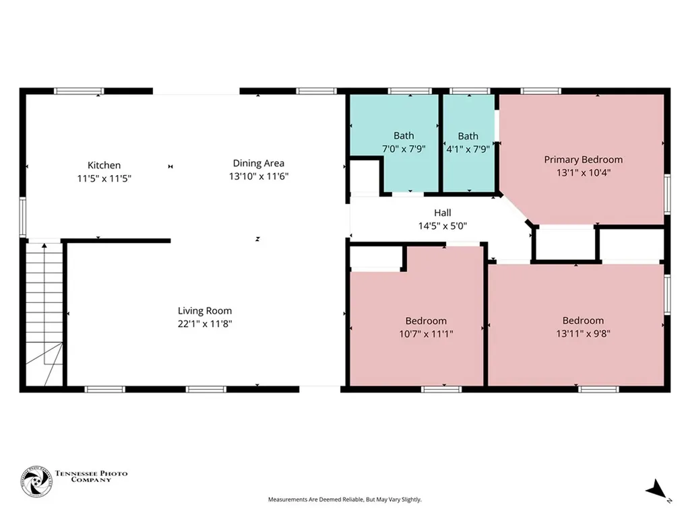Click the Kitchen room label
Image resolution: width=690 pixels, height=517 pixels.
pyautogui.click(x=104, y=166)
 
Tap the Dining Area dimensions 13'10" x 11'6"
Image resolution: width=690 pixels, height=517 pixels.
pyautogui.click(x=259, y=176)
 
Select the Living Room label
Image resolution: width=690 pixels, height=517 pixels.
pyautogui.click(x=205, y=311)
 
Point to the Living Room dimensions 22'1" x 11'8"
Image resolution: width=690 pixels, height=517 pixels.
pyautogui.click(x=205, y=324)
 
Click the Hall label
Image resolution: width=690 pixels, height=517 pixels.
pyautogui.click(x=443, y=213)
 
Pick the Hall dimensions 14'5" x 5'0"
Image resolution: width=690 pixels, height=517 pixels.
pyautogui.click(x=443, y=226)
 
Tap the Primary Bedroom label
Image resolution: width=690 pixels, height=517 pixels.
pyautogui.click(x=583, y=160)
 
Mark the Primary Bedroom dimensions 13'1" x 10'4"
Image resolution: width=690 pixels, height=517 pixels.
pyautogui.click(x=583, y=173)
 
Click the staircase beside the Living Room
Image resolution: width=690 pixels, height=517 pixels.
pyautogui.click(x=44, y=314)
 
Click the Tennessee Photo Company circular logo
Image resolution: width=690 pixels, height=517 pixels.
pyautogui.click(x=36, y=482)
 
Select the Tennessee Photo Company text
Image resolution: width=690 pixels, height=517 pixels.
pyautogui.click(x=91, y=477)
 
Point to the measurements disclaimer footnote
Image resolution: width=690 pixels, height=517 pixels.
pyautogui.click(x=345, y=499)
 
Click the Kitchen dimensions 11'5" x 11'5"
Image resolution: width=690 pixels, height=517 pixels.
pyautogui.click(x=104, y=178)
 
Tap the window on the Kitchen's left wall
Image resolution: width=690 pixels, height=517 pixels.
pyautogui.click(x=23, y=217)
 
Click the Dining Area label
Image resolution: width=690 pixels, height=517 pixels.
pyautogui.click(x=259, y=164)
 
